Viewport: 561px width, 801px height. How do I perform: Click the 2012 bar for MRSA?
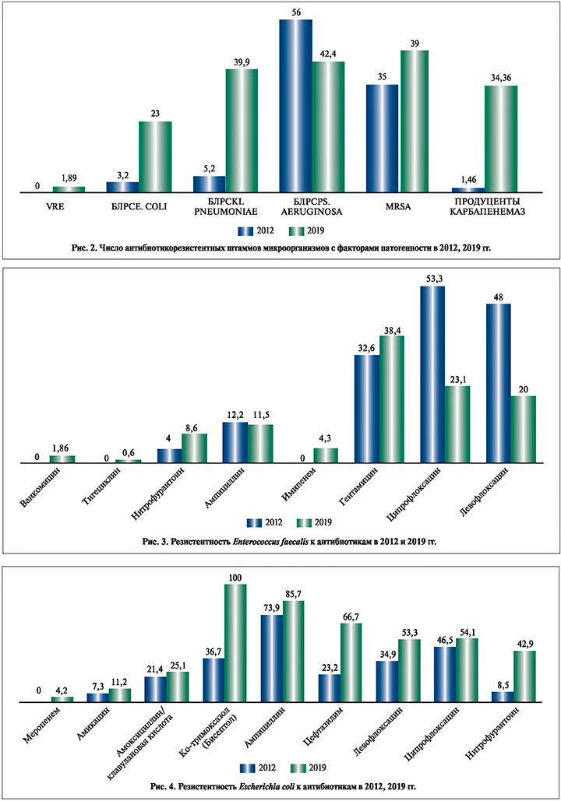382,138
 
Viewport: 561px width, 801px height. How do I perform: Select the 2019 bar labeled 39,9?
242,130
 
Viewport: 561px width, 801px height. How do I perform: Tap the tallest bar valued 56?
295,105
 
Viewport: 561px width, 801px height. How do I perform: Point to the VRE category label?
52,206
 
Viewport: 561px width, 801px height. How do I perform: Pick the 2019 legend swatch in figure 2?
294,230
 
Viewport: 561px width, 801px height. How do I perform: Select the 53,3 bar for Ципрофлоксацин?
432,374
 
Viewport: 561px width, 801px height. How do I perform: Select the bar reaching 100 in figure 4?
236,643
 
